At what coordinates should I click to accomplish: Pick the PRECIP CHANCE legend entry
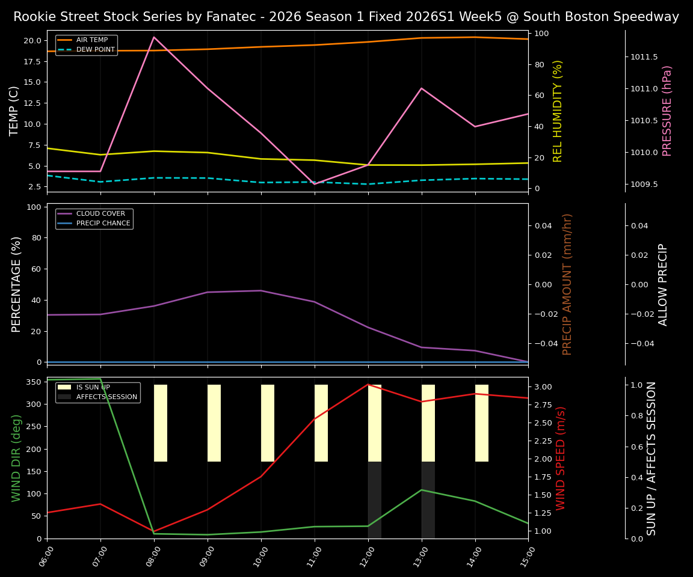point(103,223)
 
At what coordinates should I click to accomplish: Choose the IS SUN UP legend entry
point(93,388)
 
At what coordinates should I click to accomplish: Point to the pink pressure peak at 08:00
point(154,37)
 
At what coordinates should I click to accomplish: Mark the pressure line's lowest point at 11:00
point(315,184)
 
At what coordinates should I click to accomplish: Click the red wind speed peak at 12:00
point(368,385)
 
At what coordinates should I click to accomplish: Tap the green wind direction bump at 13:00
point(422,490)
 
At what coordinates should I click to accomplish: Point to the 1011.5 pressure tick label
point(644,57)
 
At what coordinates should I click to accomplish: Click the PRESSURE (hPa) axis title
point(667,111)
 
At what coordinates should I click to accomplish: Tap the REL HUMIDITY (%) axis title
point(558,111)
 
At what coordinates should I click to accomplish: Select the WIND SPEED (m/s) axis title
point(561,458)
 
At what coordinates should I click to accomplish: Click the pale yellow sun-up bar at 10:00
point(268,423)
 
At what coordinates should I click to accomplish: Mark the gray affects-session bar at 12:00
point(375,500)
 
